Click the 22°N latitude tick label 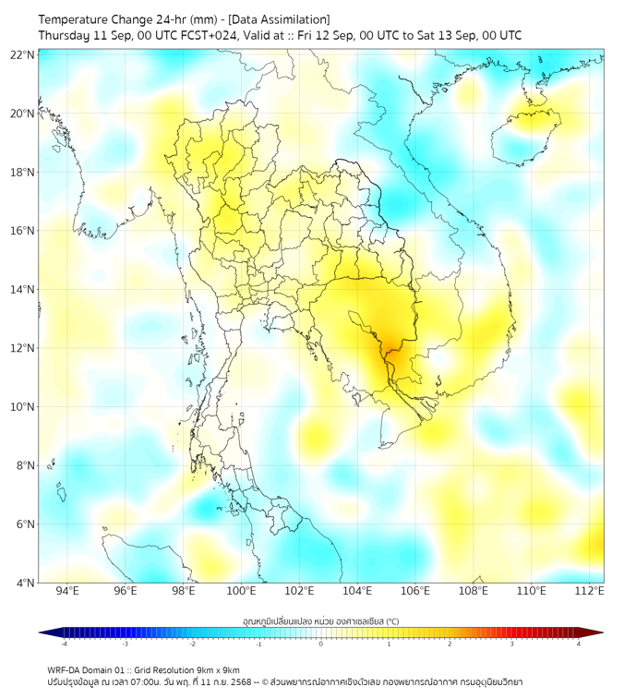(x=23, y=54)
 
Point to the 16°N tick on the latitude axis (x=23, y=231)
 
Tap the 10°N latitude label (x=23, y=407)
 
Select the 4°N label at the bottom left (x=25, y=583)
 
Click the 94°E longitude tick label (x=67, y=591)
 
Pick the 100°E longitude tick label (x=242, y=591)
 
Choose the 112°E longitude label (x=590, y=591)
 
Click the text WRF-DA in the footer (x=65, y=669)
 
